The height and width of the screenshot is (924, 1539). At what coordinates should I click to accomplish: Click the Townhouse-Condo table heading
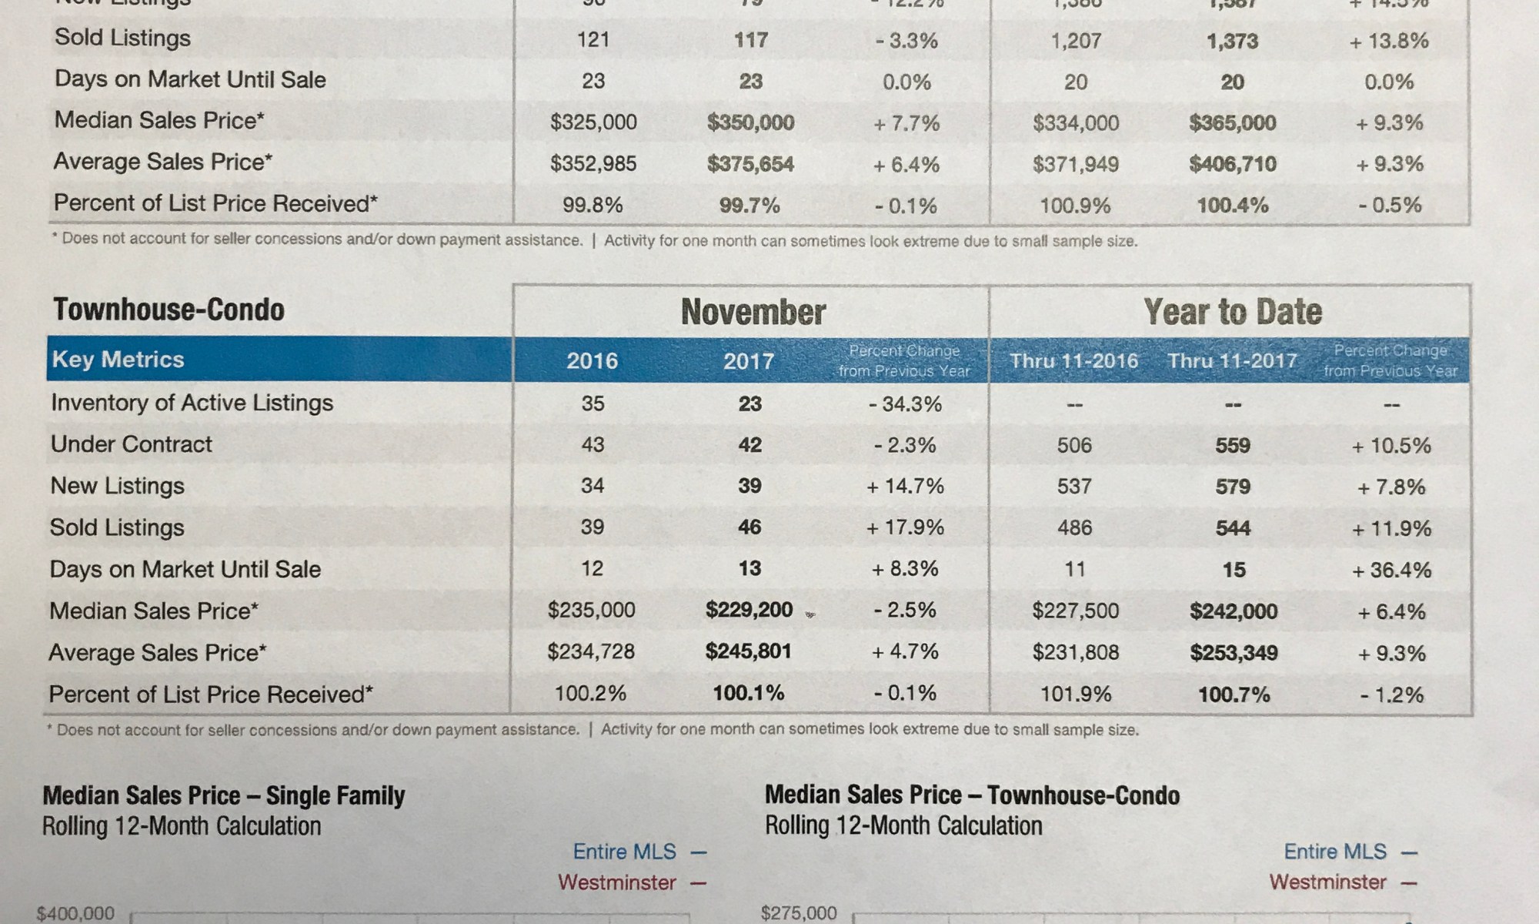pos(169,310)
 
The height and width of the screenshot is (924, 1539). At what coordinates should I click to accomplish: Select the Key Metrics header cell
pos(118,360)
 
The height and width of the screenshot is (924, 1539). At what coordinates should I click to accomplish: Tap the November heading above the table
pos(753,312)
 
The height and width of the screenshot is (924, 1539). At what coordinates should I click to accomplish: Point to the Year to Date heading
pos(1232,312)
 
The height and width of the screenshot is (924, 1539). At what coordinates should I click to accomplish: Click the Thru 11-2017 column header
pos(1232,360)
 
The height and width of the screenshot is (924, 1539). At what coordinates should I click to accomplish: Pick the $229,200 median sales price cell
pos(749,610)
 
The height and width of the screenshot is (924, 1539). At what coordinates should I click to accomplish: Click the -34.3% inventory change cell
pos(905,403)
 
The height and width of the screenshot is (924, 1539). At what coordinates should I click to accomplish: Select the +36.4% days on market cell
pos(1391,570)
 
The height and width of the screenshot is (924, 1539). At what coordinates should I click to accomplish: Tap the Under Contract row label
pos(131,444)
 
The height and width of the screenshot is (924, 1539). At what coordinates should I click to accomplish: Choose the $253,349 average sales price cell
pos(1234,653)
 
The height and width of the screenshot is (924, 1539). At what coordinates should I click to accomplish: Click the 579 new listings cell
pos(1233,487)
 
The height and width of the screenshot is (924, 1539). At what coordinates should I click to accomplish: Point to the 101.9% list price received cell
pos(1075,695)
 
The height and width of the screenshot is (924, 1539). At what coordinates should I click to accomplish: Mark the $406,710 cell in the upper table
pos(1233,163)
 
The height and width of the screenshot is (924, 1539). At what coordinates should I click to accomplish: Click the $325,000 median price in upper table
pos(593,122)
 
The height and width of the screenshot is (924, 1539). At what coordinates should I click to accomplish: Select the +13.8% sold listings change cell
pos(1389,40)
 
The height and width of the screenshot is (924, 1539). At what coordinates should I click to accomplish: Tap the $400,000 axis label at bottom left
pos(75,913)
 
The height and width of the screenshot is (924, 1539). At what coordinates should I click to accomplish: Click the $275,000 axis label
pos(798,913)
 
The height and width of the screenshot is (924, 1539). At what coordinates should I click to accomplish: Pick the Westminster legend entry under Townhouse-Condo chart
pos(1327,882)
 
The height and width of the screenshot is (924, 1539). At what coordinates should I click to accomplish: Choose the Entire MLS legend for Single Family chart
pos(624,852)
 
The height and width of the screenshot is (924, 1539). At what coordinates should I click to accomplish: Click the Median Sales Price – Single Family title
pos(223,795)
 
